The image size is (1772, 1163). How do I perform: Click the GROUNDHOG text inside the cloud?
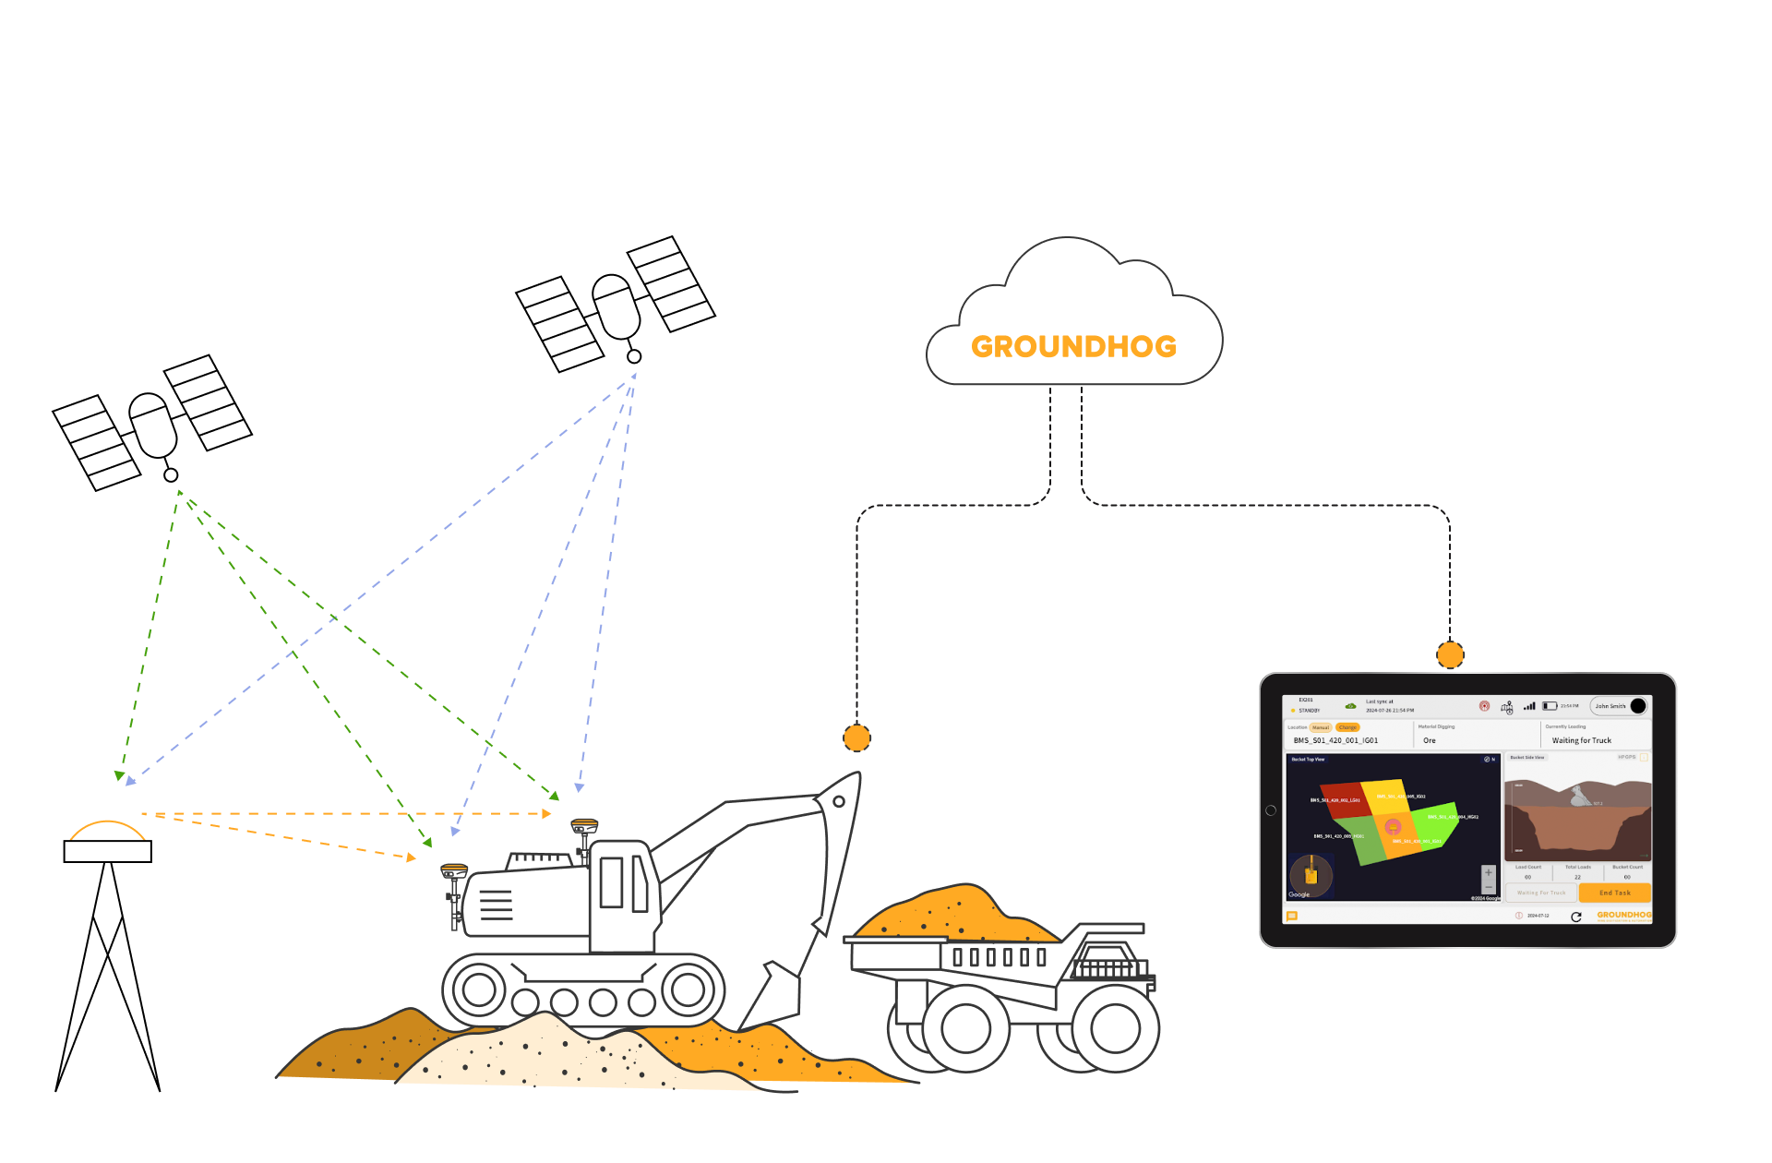click(x=1073, y=347)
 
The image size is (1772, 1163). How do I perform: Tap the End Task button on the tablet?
click(x=1614, y=893)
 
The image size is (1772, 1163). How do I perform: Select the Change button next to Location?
click(x=1347, y=727)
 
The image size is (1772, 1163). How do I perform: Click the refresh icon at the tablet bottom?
click(x=1576, y=917)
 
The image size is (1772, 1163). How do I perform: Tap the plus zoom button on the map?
click(x=1488, y=873)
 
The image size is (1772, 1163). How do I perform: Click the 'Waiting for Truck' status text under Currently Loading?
click(x=1581, y=740)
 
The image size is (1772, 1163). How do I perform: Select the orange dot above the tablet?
click(x=1450, y=655)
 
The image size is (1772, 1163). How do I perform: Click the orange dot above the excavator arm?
click(x=856, y=738)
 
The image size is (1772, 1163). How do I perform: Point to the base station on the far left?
click(x=108, y=842)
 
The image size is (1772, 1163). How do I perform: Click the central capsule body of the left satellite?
click(x=153, y=426)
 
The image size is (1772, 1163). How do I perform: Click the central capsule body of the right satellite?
click(x=616, y=306)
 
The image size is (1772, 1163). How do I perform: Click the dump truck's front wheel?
click(x=1115, y=1027)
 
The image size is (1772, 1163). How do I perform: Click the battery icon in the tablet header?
click(x=1550, y=706)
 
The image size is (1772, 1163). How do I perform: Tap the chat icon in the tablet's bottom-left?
click(x=1292, y=917)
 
